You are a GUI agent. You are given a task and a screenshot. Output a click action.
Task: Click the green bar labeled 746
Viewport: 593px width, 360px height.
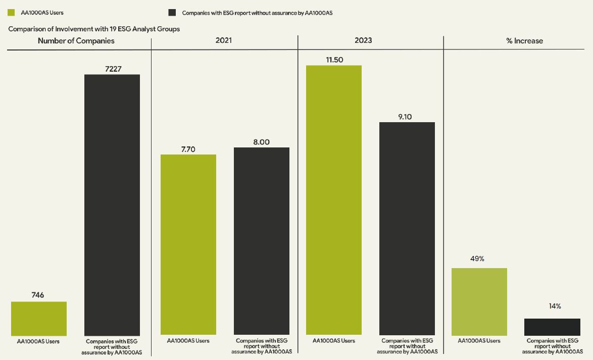[38, 318]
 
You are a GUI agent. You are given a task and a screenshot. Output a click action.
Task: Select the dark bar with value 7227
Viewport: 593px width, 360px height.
[112, 204]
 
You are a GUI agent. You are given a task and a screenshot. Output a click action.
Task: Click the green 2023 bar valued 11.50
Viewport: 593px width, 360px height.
[334, 199]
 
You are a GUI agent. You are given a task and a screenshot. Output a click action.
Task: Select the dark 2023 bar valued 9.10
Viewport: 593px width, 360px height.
[407, 228]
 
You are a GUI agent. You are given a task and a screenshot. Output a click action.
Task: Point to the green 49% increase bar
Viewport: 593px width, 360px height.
[479, 301]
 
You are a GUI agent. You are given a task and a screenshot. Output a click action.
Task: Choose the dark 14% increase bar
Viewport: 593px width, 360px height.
[552, 326]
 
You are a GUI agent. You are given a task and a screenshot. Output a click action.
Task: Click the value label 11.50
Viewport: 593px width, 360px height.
[334, 60]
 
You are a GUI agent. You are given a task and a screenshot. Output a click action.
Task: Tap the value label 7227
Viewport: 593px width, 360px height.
[113, 69]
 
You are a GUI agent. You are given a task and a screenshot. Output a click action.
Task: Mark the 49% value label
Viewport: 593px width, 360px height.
[477, 259]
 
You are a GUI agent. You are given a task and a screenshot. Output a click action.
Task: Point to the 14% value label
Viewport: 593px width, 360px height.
[555, 306]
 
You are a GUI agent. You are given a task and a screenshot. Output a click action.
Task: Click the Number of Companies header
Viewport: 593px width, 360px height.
[76, 41]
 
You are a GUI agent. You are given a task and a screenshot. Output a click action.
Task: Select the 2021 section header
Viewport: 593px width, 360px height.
[223, 40]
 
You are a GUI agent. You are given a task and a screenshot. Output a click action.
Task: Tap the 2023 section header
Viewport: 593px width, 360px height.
[363, 40]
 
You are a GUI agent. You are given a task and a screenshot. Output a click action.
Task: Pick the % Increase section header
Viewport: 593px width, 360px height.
[524, 41]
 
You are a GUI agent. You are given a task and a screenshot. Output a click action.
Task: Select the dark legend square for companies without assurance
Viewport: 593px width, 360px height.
[172, 13]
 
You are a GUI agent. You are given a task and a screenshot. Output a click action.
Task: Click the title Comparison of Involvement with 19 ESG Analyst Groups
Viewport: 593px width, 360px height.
[94, 29]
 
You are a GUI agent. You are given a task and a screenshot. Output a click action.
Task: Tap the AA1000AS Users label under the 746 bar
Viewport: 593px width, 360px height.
[38, 341]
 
